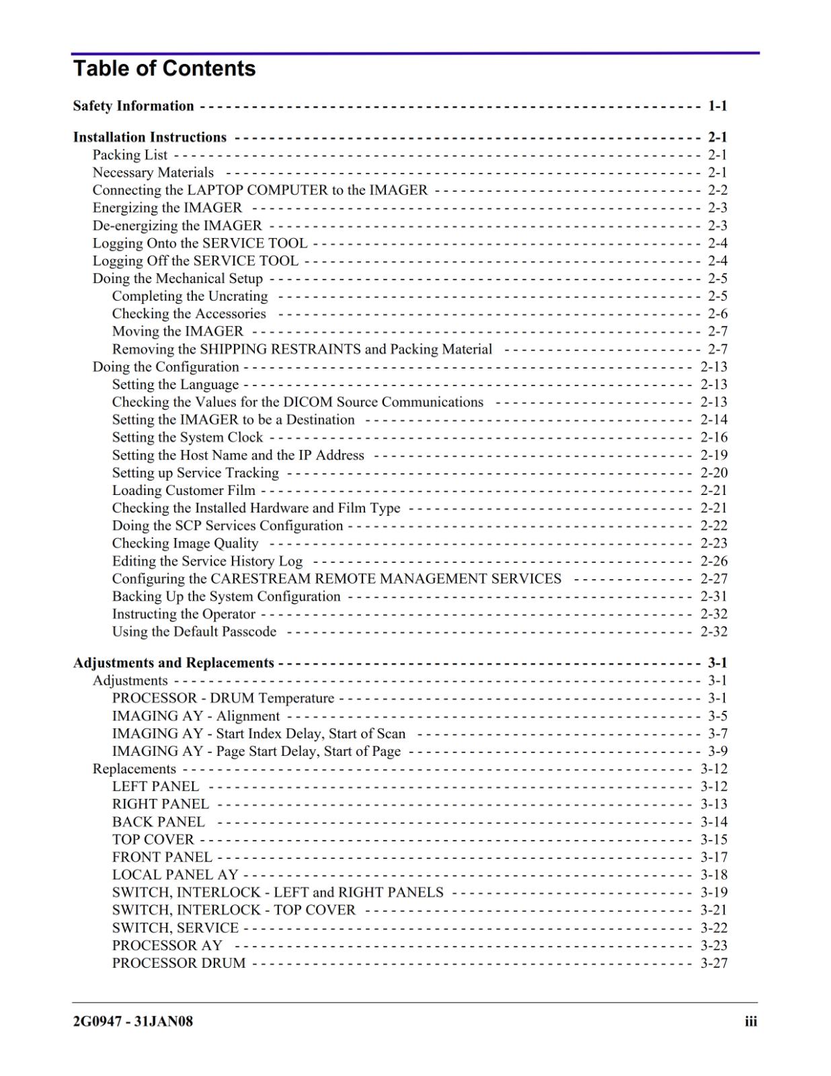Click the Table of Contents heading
(164, 69)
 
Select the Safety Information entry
(133, 106)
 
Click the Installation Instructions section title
(150, 137)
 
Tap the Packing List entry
(130, 155)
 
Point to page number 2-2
(717, 190)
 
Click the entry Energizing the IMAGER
(167, 208)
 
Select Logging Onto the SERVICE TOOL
(200, 243)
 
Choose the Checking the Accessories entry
(189, 314)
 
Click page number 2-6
(717, 314)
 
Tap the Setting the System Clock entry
(188, 437)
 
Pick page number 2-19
(714, 455)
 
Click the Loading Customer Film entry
(184, 490)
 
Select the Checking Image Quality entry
(185, 543)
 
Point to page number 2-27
(714, 579)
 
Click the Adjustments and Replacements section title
(173, 663)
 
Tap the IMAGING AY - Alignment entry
(196, 716)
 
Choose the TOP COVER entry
(153, 840)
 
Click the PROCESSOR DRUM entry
(179, 963)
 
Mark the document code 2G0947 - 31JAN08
(133, 1022)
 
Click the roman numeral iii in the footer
(750, 1022)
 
